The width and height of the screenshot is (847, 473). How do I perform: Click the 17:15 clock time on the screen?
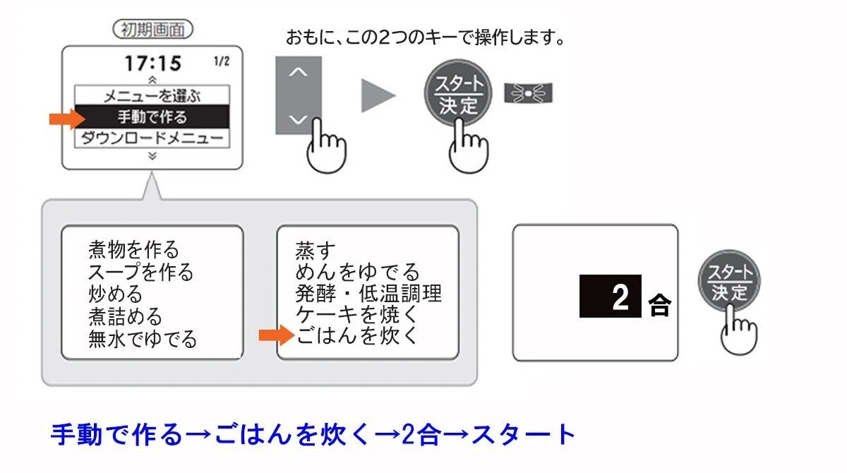(x=152, y=63)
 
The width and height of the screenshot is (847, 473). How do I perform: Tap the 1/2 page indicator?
(x=222, y=61)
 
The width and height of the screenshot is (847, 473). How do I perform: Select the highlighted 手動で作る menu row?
(x=152, y=116)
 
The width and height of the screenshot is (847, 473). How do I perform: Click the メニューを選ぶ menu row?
(x=152, y=95)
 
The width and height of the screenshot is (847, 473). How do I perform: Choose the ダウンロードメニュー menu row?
(x=152, y=138)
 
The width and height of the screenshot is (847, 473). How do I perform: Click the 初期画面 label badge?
(x=152, y=29)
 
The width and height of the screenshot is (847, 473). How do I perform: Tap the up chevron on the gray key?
(x=298, y=72)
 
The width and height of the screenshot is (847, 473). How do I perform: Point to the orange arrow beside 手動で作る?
(x=67, y=119)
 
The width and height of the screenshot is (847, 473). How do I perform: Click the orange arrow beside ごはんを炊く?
(x=277, y=335)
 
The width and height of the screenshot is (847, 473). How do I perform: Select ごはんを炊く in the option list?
(x=356, y=335)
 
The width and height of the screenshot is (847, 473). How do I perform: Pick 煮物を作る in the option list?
(x=133, y=249)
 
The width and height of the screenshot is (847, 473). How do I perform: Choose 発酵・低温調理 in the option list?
(x=368, y=293)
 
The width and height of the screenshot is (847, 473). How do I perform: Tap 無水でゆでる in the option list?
(x=142, y=339)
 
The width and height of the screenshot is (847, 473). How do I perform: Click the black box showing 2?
(x=611, y=296)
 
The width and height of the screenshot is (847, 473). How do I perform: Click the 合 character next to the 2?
(x=660, y=305)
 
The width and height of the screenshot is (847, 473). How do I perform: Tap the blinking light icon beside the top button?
(x=528, y=93)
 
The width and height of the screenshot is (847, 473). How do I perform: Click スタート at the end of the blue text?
(x=524, y=434)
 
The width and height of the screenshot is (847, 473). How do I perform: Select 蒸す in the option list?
(x=315, y=251)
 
